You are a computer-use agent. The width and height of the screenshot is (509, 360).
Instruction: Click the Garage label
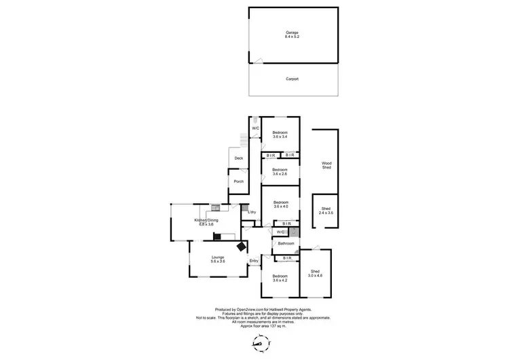(x=292, y=33)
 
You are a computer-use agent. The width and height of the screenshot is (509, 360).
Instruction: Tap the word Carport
(x=292, y=79)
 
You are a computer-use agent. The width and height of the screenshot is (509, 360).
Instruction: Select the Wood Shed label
(x=326, y=165)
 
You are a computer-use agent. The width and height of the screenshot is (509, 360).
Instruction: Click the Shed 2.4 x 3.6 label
(x=326, y=211)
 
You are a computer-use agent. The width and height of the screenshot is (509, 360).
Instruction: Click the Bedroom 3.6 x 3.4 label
(x=280, y=134)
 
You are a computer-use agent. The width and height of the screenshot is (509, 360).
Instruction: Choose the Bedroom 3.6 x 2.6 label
(x=280, y=171)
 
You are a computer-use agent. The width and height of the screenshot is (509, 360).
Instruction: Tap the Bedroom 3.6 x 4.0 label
(x=280, y=204)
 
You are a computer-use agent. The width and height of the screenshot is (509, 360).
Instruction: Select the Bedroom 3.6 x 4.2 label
(x=280, y=278)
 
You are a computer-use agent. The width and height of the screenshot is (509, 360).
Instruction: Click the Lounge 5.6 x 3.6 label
(x=217, y=259)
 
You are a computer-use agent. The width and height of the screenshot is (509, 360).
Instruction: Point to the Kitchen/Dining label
(x=206, y=222)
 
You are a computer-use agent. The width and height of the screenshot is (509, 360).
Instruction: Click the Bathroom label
(x=285, y=243)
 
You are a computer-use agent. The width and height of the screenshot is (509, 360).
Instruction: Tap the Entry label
(x=254, y=261)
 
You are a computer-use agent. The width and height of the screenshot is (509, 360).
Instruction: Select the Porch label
(x=238, y=181)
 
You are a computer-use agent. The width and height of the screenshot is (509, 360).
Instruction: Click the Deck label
(x=238, y=158)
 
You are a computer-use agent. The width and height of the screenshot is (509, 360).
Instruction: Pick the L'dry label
(x=251, y=213)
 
